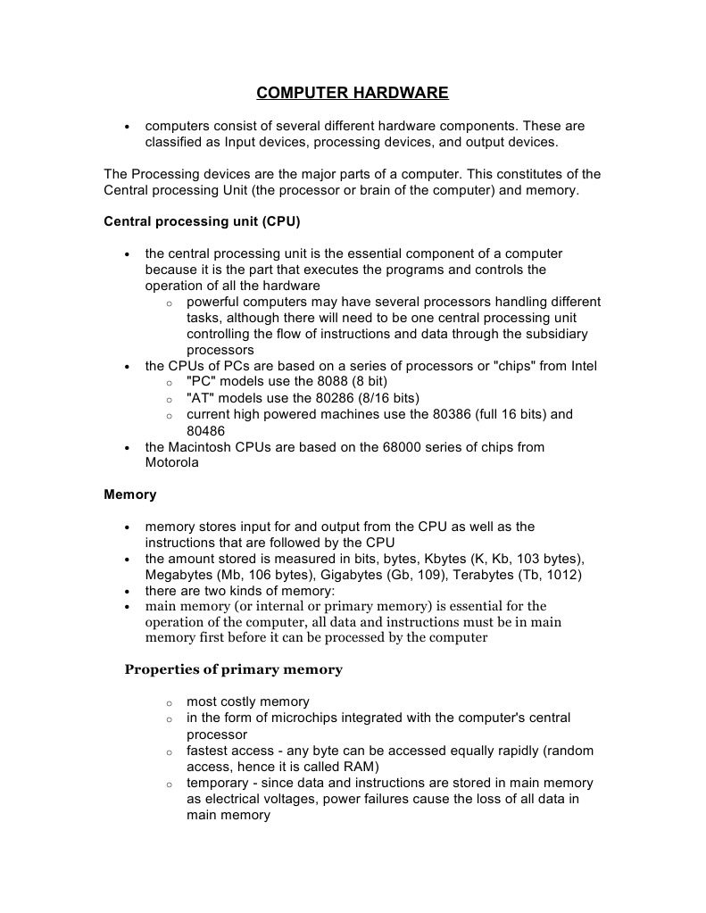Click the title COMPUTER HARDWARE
point(353,93)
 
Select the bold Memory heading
point(129,494)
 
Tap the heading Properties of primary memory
point(233,669)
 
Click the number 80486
point(206,430)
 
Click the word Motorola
point(172,463)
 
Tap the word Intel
point(581,366)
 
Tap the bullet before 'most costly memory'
point(169,703)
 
